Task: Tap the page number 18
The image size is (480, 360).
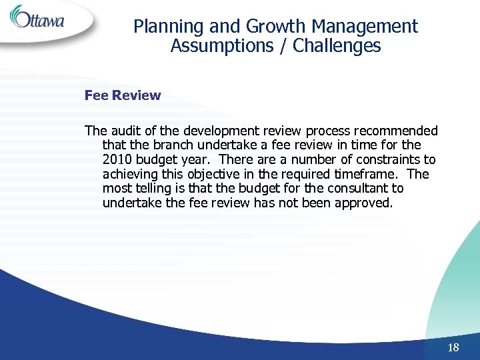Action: coord(454,347)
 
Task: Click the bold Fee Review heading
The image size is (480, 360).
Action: coord(123,95)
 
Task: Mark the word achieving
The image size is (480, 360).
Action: coord(130,175)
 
